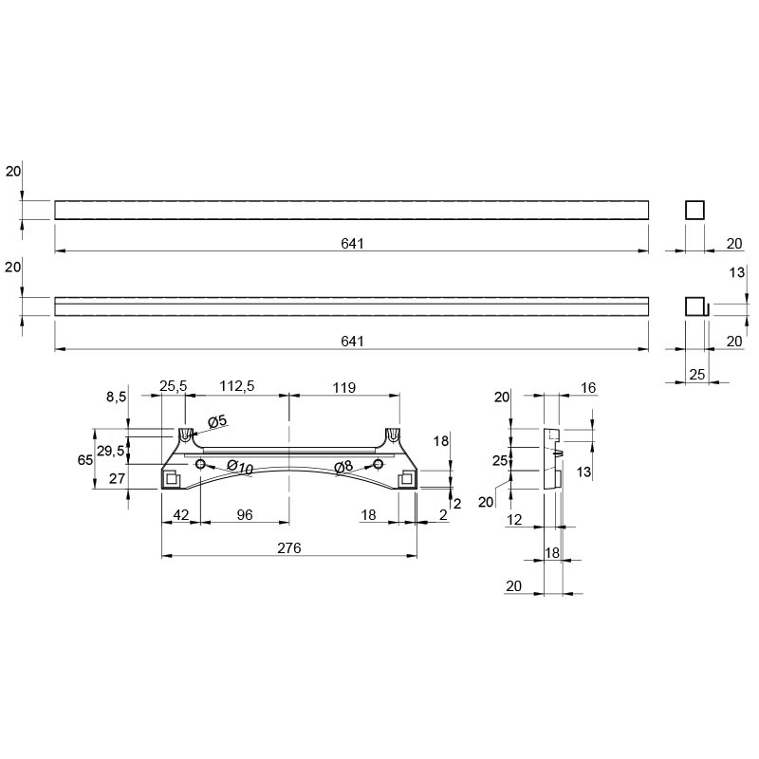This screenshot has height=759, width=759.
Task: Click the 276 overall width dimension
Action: (x=289, y=548)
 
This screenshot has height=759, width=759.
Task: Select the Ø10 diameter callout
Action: (x=240, y=467)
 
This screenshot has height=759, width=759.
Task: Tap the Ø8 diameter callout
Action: (x=343, y=467)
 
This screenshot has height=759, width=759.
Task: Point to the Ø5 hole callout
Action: (x=217, y=421)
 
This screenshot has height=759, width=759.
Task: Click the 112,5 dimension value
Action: (x=236, y=386)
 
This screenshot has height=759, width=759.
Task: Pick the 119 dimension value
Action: (x=344, y=388)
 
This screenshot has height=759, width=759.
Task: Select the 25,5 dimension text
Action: (x=173, y=386)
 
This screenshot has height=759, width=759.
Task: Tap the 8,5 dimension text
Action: (x=116, y=397)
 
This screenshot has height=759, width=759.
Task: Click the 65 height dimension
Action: (x=85, y=460)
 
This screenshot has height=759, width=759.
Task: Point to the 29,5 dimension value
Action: (x=111, y=451)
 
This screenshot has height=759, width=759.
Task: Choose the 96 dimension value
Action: (x=245, y=514)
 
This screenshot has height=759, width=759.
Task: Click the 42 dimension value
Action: (x=181, y=514)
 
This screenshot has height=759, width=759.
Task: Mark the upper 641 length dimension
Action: (x=352, y=244)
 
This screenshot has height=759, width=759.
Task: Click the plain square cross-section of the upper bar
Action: (x=694, y=211)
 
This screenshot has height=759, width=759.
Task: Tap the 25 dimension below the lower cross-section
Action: (x=696, y=374)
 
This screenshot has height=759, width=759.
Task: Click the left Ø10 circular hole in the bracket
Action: (x=200, y=465)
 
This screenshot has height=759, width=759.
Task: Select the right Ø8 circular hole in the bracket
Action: (x=378, y=465)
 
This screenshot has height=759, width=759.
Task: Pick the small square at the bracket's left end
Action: (x=172, y=479)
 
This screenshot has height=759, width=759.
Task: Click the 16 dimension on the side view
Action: (x=588, y=388)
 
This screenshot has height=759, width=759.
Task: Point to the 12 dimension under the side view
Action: (x=514, y=519)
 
